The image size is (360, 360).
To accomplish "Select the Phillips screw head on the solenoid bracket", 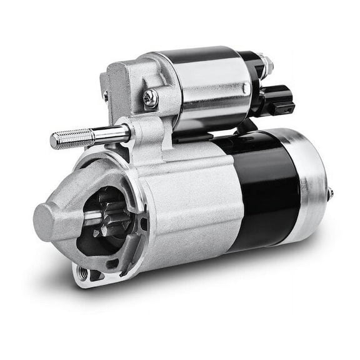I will click(x=150, y=97).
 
